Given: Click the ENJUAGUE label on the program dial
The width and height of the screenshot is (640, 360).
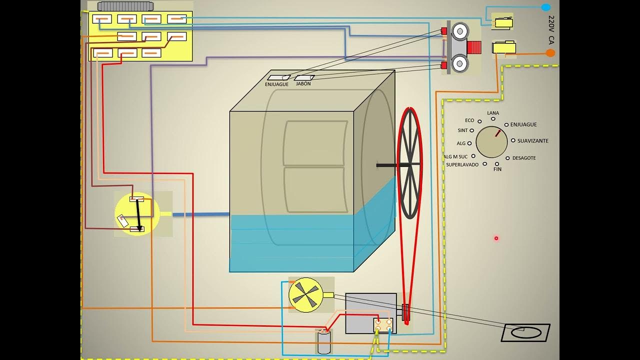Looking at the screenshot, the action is pyautogui.click(x=523, y=124).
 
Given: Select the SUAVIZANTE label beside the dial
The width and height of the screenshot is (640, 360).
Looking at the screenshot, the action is pyautogui.click(x=532, y=141).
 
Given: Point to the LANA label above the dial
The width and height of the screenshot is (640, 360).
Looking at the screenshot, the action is pyautogui.click(x=493, y=113).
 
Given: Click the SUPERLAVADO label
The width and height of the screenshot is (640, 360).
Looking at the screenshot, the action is pyautogui.click(x=462, y=164).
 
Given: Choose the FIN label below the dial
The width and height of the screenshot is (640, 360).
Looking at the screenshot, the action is pyautogui.click(x=497, y=169).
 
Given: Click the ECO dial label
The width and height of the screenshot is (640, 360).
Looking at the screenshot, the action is pyautogui.click(x=469, y=120).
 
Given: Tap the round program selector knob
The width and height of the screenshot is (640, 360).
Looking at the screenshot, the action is pyautogui.click(x=491, y=141).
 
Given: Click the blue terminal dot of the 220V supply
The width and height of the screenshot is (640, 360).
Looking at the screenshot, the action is pyautogui.click(x=545, y=7).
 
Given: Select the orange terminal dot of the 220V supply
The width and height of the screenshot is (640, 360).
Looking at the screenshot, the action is pyautogui.click(x=550, y=53).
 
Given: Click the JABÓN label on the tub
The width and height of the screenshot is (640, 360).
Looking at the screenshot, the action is pyautogui.click(x=303, y=84).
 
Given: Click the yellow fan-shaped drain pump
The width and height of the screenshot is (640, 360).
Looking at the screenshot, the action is pyautogui.click(x=305, y=295).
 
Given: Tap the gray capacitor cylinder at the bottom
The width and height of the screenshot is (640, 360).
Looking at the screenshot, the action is pyautogui.click(x=324, y=342).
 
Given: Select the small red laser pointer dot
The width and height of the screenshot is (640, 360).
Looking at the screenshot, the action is pyautogui.click(x=496, y=238).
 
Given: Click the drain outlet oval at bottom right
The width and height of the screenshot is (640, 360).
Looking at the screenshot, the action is pyautogui.click(x=525, y=332).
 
